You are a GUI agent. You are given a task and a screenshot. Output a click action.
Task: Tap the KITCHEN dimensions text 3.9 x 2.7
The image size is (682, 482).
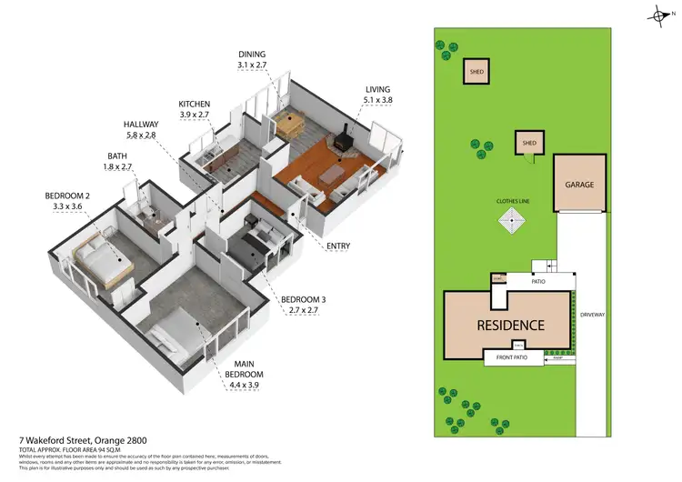point(195,116)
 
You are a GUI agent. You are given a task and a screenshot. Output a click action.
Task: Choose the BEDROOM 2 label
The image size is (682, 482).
point(68,196)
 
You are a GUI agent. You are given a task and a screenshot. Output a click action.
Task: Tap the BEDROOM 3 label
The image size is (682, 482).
point(303,299)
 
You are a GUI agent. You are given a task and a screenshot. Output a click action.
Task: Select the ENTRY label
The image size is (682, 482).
point(338,246)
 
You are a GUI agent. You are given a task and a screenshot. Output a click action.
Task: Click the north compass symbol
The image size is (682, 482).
point(661,15)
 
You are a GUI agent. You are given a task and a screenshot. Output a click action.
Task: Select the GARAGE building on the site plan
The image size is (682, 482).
point(579,185)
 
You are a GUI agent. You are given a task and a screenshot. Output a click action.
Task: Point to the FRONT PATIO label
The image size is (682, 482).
point(512,358)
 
